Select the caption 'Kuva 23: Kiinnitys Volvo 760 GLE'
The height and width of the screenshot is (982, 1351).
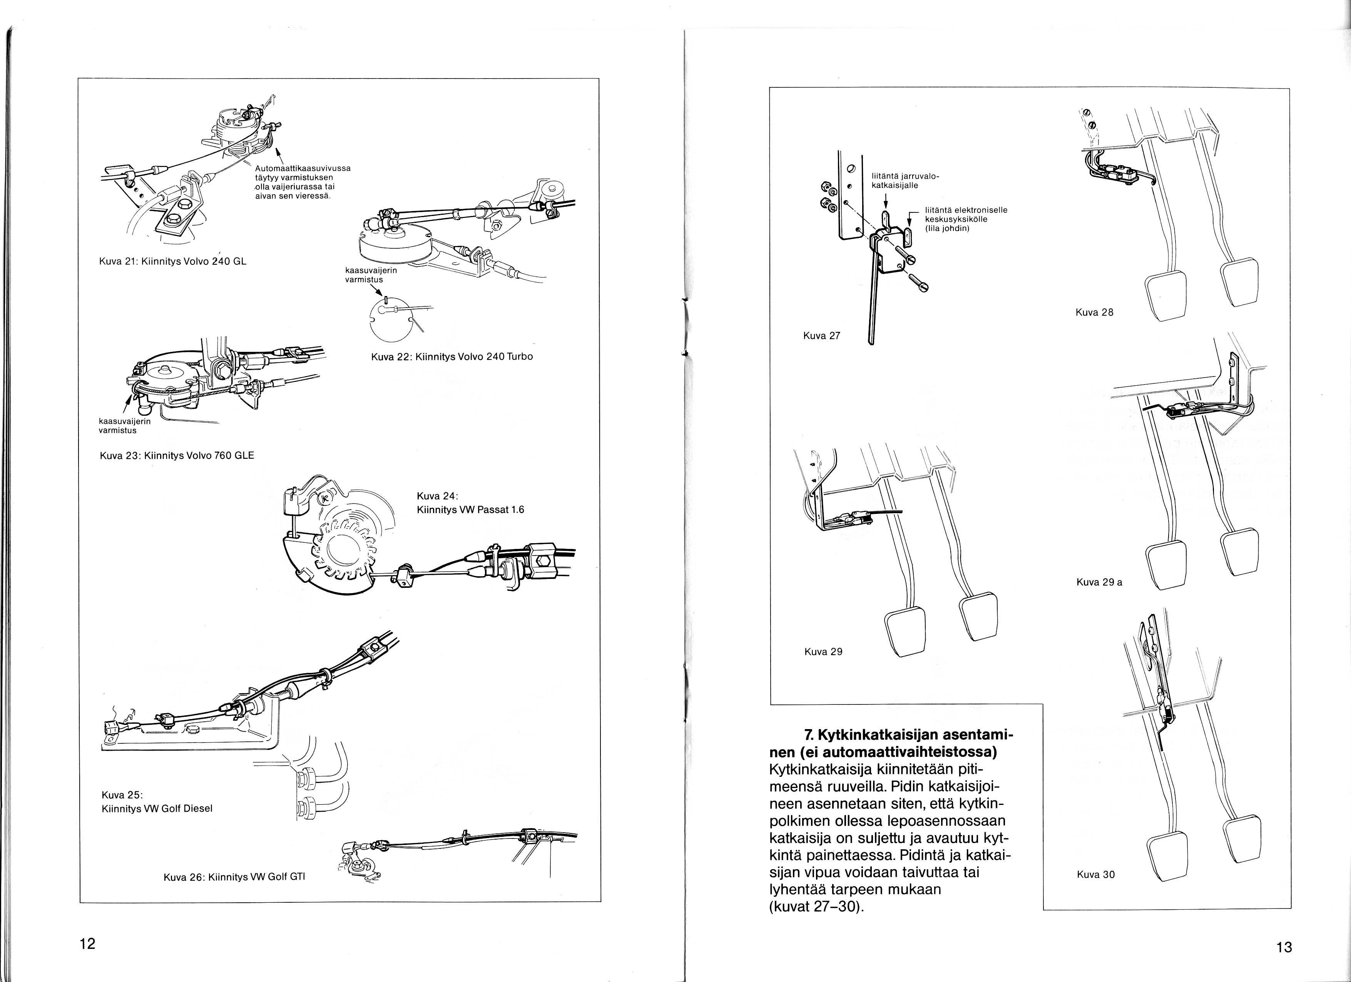coord(177,455)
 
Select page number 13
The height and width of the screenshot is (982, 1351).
coord(1284,947)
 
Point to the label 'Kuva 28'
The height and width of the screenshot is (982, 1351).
coord(1094,312)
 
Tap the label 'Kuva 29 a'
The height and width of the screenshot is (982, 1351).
coord(1099,582)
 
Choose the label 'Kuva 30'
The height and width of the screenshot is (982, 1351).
coord(1095,875)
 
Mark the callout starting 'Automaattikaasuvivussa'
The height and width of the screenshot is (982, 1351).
coord(302,182)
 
